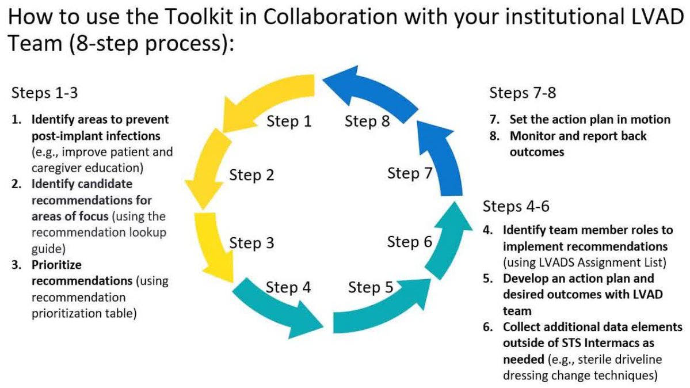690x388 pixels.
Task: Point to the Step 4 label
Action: (288, 287)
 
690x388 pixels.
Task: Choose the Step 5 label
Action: (371, 287)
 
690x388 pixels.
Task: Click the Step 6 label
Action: (409, 242)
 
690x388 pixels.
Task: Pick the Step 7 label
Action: (409, 173)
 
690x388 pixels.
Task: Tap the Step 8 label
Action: (367, 121)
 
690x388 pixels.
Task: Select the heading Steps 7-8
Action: (523, 93)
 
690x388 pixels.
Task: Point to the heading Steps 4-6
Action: (516, 206)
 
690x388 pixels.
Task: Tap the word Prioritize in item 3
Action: (56, 266)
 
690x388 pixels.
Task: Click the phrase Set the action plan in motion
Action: (590, 120)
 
